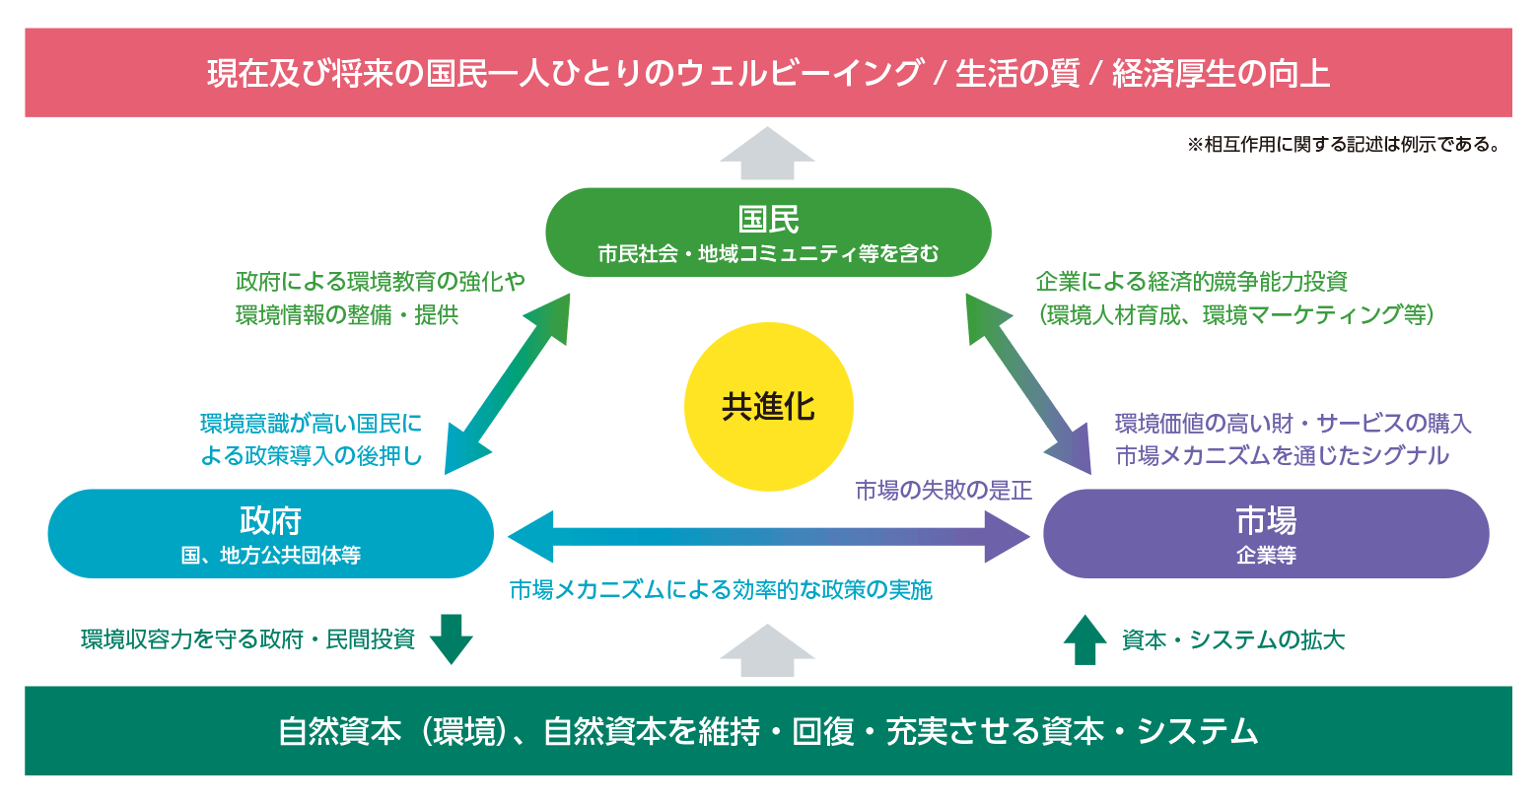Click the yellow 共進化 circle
(768, 407)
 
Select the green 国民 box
(768, 233)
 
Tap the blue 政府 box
(270, 534)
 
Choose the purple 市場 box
(1266, 534)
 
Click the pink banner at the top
(768, 73)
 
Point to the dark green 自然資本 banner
(768, 731)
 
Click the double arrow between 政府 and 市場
(769, 536)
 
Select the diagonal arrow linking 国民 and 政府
(508, 384)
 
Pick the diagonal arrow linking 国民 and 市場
(1028, 384)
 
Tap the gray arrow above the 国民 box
(768, 154)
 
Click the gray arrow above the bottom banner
(768, 651)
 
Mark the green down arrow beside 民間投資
(452, 639)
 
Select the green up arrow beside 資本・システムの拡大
(1084, 639)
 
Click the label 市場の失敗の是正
(944, 490)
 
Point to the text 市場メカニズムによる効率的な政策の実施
(721, 590)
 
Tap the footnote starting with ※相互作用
(1345, 145)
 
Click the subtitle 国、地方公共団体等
(270, 555)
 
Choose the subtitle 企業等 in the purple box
(1266, 555)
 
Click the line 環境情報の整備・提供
(347, 315)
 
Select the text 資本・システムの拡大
(1233, 640)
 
